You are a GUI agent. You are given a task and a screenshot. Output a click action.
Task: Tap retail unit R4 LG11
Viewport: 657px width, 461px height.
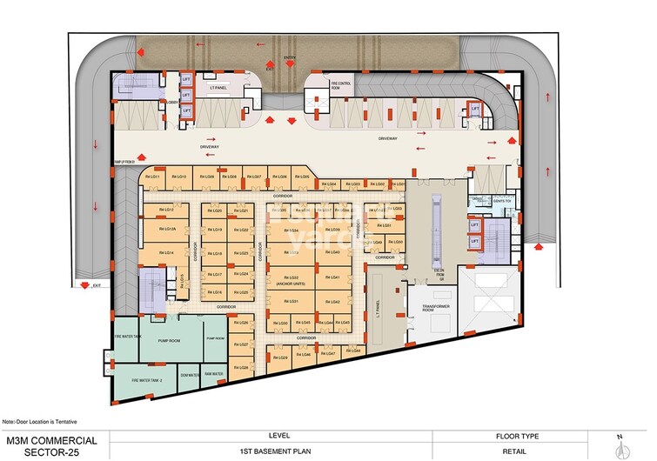(x=154, y=177)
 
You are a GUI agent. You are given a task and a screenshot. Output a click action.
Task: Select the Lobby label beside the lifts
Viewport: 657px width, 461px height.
(x=171, y=103)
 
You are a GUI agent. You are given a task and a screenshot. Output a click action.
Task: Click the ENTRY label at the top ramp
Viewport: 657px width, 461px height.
(x=291, y=58)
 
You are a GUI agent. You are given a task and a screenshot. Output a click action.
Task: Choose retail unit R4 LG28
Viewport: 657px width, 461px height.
(x=243, y=368)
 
